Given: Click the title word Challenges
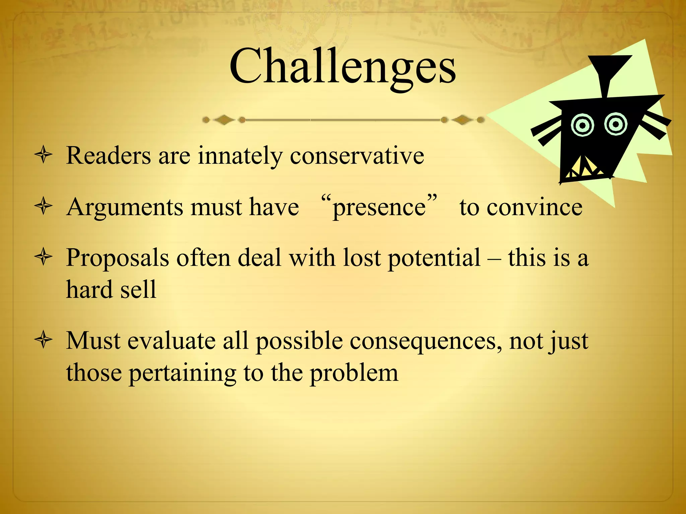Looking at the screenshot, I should [342, 67].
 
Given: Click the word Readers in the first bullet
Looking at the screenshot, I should [109, 156].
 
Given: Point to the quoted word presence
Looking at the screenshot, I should [379, 207].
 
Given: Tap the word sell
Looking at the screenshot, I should [138, 289].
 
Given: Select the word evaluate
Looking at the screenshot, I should [171, 341].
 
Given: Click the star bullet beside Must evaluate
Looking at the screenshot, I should [44, 341].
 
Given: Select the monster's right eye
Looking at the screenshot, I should [616, 124].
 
